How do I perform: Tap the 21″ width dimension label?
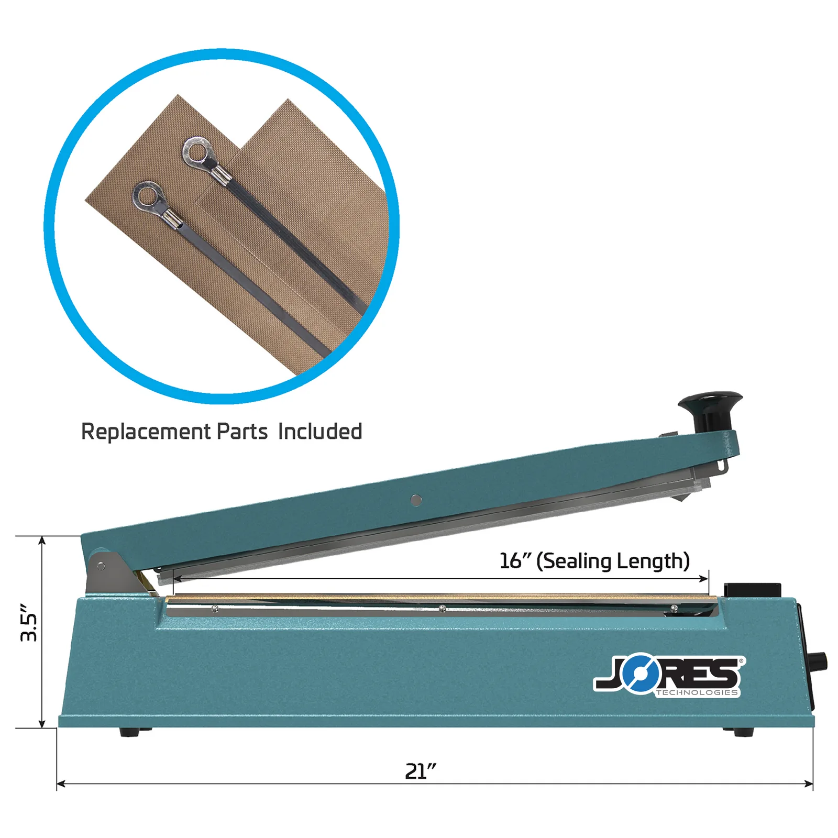pyautogui.click(x=421, y=771)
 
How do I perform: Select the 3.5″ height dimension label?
pyautogui.click(x=29, y=623)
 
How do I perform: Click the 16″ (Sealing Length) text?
pyautogui.click(x=594, y=561)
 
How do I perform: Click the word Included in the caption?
pyautogui.click(x=320, y=432)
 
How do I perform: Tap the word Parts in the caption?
pyautogui.click(x=242, y=432)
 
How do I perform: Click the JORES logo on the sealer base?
pyautogui.click(x=669, y=677)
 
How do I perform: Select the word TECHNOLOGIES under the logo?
pyautogui.click(x=697, y=692)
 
